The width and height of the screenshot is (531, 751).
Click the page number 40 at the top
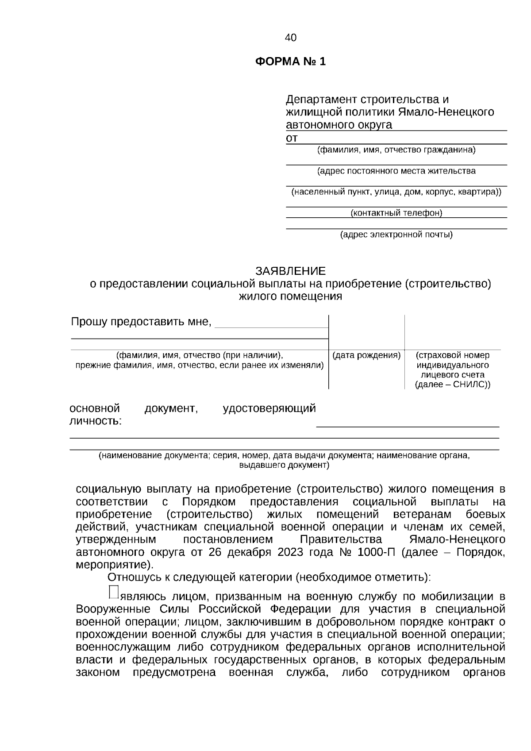click(291, 38)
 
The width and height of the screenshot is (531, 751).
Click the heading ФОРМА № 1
click(290, 62)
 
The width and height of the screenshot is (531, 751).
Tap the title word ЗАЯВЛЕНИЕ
click(290, 270)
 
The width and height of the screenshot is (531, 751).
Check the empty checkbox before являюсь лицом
click(113, 592)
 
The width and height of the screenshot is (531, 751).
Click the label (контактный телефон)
click(396, 213)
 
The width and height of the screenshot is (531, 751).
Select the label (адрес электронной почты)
click(396, 235)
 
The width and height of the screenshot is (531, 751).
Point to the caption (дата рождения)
click(366, 355)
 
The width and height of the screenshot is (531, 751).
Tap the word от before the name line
click(292, 138)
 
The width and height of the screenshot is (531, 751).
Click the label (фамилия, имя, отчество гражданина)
click(396, 150)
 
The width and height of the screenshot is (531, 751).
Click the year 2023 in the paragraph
click(290, 552)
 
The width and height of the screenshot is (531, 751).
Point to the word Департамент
click(322, 99)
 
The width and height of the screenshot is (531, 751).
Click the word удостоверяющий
click(269, 408)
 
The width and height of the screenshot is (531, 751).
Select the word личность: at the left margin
click(96, 421)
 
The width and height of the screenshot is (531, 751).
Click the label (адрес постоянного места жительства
click(396, 171)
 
